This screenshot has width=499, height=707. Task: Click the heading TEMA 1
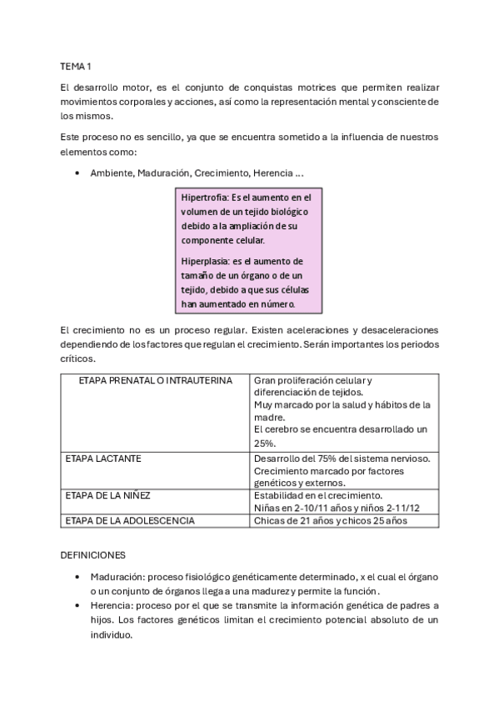coord(76,65)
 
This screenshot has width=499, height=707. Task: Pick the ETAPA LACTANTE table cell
coord(103,459)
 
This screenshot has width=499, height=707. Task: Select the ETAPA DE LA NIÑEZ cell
coord(107,495)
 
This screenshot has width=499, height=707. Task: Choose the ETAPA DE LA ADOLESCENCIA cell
coord(130,520)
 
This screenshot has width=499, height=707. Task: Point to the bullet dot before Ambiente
coord(77,173)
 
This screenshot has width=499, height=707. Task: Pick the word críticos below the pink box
coord(78,359)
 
